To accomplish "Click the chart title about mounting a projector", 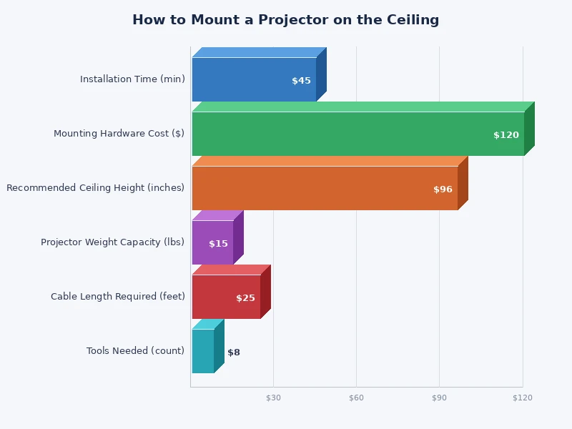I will click(285, 20).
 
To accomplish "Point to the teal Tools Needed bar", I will click(203, 351).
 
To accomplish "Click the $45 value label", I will click(301, 81).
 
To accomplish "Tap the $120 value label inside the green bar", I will click(506, 135).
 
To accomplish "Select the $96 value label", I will click(443, 189).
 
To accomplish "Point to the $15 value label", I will click(218, 244).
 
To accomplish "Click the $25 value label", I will click(245, 298).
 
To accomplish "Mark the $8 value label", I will click(234, 352).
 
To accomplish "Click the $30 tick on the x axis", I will click(273, 398).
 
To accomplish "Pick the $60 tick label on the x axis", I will click(356, 398).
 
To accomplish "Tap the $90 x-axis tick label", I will click(439, 398).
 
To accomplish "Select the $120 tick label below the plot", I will click(522, 398).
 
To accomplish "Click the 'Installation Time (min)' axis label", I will click(132, 79).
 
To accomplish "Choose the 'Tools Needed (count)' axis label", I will click(135, 351).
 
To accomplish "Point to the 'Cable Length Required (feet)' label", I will click(117, 297).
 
